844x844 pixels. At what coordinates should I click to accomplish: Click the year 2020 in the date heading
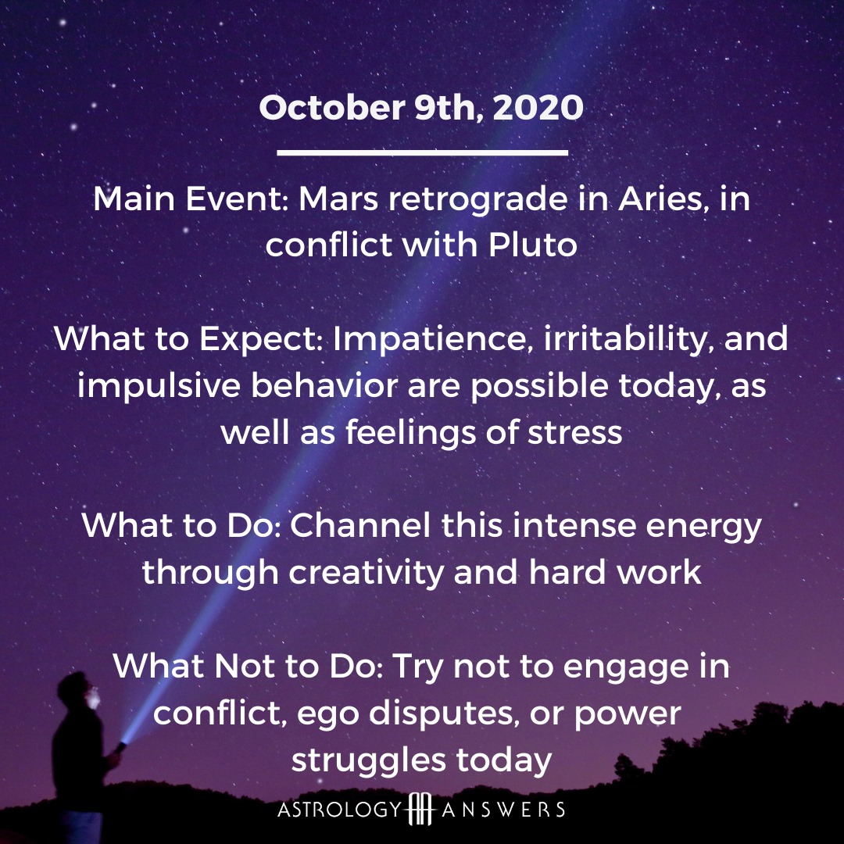538,107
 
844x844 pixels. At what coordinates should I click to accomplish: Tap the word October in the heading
331,107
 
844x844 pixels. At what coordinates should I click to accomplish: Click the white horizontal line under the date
422,153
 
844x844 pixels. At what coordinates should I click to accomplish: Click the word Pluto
533,245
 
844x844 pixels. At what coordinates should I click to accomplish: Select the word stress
574,433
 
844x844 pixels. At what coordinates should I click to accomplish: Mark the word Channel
360,525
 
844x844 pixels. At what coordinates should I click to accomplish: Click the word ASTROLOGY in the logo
340,810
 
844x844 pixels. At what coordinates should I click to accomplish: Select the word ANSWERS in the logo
503,810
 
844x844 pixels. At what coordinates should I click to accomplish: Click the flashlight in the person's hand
120,746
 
